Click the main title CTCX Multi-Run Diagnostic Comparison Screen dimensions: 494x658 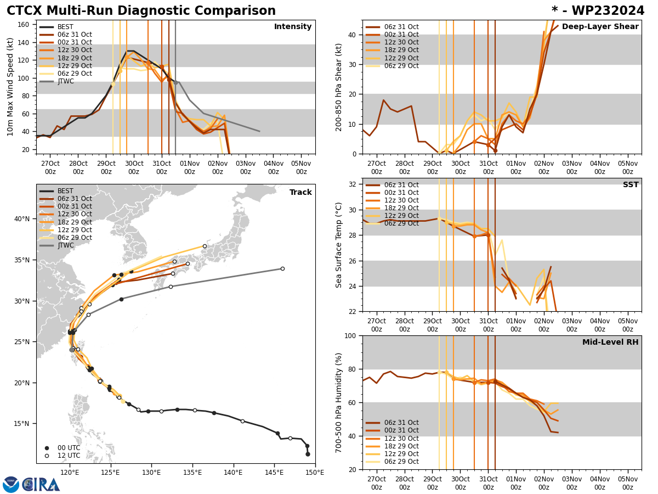click(x=141, y=11)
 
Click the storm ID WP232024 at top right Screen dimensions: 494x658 click(x=598, y=11)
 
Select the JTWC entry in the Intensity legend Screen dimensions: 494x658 click(x=65, y=81)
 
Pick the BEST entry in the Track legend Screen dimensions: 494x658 click(x=65, y=191)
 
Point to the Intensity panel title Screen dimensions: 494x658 click(x=293, y=27)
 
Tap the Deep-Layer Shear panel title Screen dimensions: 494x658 click(x=600, y=27)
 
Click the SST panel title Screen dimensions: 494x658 click(x=630, y=185)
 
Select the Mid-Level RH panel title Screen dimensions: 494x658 click(x=610, y=343)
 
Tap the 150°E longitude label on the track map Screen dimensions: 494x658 click(x=315, y=471)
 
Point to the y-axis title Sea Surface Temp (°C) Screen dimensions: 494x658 click(x=339, y=245)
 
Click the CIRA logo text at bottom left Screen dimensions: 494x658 click(x=41, y=485)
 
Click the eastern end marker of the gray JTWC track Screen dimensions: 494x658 click(x=282, y=268)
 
